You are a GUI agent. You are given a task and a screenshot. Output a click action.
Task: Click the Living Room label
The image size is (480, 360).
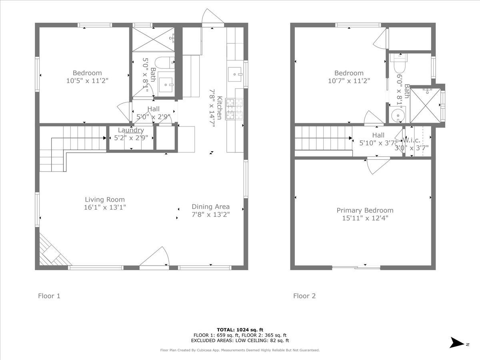(105, 200)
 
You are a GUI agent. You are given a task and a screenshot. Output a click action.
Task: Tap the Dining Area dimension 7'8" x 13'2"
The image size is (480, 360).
(210, 214)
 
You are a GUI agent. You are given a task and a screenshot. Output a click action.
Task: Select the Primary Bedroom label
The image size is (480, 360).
(365, 210)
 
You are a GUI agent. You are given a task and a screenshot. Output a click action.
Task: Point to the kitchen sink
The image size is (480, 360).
(235, 74)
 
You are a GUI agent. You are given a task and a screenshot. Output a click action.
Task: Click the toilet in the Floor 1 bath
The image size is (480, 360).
(164, 63)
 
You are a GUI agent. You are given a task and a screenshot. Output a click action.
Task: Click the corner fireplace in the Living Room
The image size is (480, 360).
(51, 252)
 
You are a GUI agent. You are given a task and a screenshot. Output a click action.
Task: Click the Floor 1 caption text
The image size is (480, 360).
(49, 296)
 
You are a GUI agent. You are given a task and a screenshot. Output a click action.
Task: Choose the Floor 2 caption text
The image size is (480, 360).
(304, 296)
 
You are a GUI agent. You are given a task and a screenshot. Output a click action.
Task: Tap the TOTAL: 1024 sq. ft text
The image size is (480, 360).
(240, 330)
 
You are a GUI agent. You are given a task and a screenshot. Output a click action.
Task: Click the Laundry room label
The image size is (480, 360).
(131, 130)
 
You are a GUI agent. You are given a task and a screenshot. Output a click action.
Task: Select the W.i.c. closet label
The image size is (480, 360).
(411, 140)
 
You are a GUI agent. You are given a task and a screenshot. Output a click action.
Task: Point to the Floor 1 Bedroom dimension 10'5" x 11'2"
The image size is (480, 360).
(87, 80)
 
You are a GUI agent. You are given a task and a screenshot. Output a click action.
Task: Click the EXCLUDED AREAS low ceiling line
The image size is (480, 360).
(240, 341)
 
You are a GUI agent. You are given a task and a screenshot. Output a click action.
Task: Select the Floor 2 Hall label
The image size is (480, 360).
(378, 135)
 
